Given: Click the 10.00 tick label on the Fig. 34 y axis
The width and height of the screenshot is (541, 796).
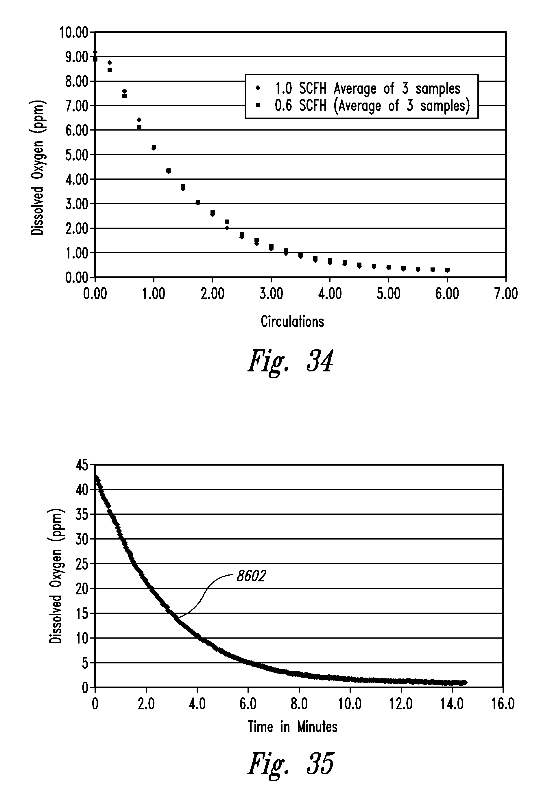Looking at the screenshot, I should (x=74, y=33).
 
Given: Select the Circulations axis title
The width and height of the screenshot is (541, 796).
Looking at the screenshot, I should (x=292, y=322).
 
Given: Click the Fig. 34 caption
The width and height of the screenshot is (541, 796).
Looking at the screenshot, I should (x=290, y=361).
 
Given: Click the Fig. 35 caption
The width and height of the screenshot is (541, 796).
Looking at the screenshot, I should (x=290, y=763).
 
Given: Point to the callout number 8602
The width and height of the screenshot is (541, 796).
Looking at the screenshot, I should (x=251, y=576).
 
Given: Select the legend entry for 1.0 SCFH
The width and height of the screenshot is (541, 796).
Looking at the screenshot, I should (x=368, y=89).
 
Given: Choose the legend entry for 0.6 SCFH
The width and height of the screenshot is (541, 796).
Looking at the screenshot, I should (x=372, y=106).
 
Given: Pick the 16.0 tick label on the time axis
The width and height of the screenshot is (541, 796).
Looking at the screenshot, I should (x=503, y=704).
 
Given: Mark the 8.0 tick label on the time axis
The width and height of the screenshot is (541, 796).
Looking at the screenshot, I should (x=299, y=704).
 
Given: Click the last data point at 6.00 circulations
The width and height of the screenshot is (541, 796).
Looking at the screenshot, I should (x=447, y=270).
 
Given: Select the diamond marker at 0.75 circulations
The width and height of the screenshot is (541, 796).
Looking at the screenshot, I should (x=139, y=120).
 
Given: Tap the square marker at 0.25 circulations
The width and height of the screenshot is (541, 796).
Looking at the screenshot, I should (x=110, y=70).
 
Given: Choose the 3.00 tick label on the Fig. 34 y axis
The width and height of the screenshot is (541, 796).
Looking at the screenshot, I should (x=76, y=204).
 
